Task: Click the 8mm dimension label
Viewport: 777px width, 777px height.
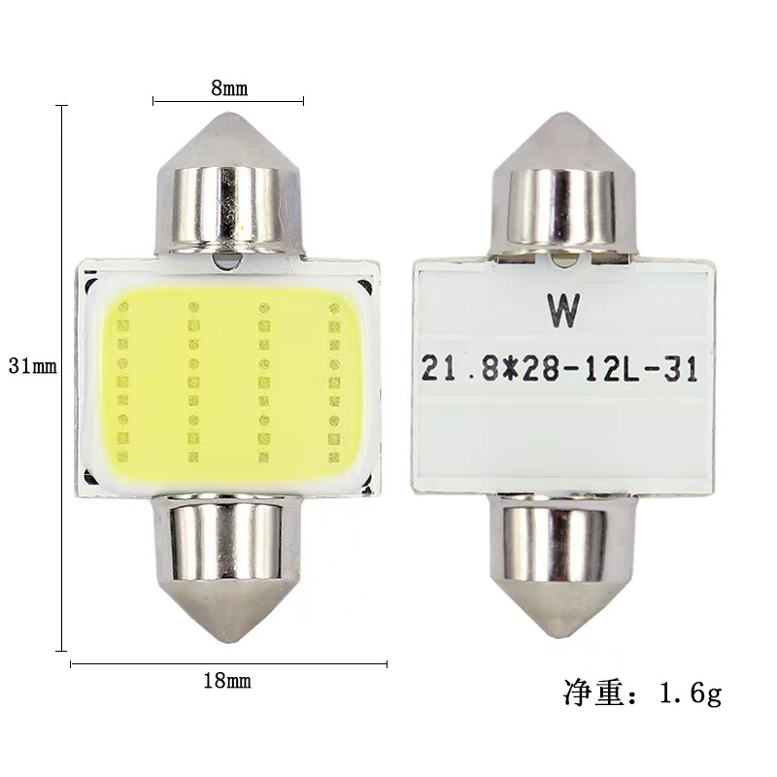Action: (x=229, y=88)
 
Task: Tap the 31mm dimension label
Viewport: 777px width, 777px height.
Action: (x=33, y=366)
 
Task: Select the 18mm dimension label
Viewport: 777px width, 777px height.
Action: (x=227, y=681)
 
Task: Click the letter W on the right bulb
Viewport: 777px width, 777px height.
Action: (x=563, y=311)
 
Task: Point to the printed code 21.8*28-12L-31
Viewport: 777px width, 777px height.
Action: (x=559, y=369)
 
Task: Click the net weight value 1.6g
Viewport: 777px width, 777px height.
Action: (x=691, y=693)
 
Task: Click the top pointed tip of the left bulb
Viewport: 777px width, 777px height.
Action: (x=228, y=113)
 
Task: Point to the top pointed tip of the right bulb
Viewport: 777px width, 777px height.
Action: (x=563, y=113)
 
